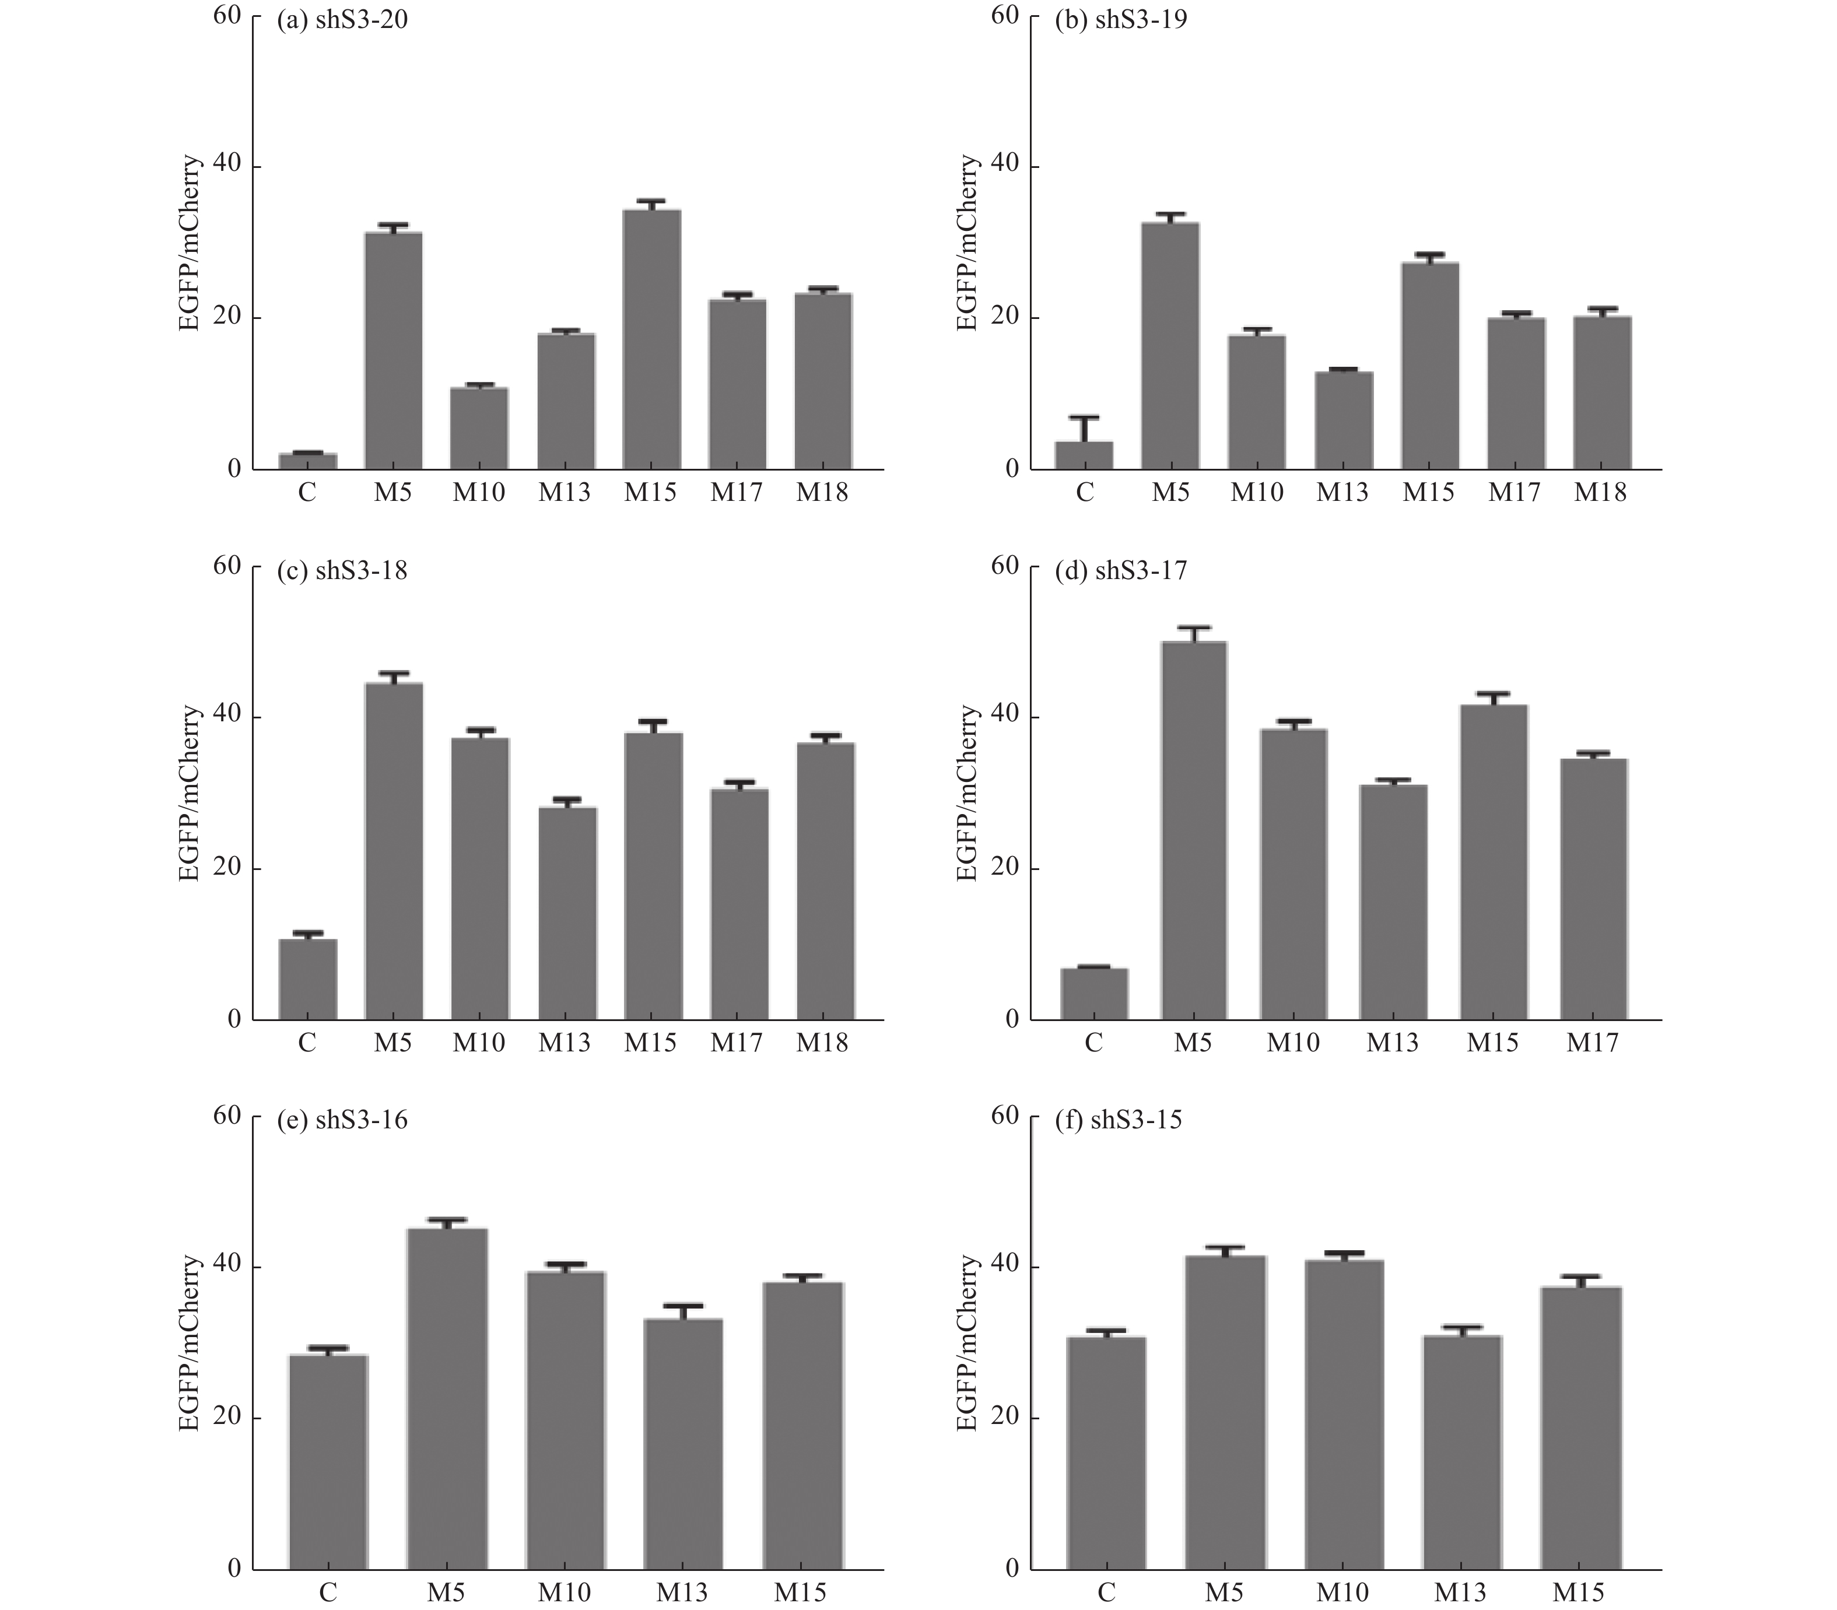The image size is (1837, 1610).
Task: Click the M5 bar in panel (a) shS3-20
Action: [394, 350]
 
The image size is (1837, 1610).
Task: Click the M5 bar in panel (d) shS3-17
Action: [1193, 830]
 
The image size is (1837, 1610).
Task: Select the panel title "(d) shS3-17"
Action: [1120, 570]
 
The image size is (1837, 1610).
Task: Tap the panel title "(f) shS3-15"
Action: [1119, 1120]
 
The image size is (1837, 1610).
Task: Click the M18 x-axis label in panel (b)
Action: [1601, 492]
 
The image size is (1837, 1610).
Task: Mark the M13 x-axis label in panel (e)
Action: [682, 1592]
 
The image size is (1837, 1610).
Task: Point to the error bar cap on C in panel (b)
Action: [1084, 417]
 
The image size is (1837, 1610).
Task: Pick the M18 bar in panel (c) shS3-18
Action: [825, 881]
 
